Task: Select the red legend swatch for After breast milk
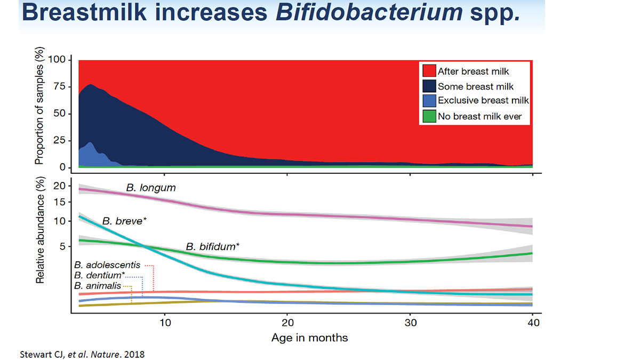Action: (x=428, y=71)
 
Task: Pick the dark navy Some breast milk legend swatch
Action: (x=428, y=86)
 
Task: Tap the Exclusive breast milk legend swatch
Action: (x=428, y=100)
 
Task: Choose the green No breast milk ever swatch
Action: (x=428, y=115)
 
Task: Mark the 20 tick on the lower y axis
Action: (x=59, y=186)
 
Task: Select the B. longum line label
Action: (x=151, y=188)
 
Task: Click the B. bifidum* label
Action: (x=212, y=247)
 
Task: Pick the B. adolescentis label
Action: (x=107, y=265)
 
